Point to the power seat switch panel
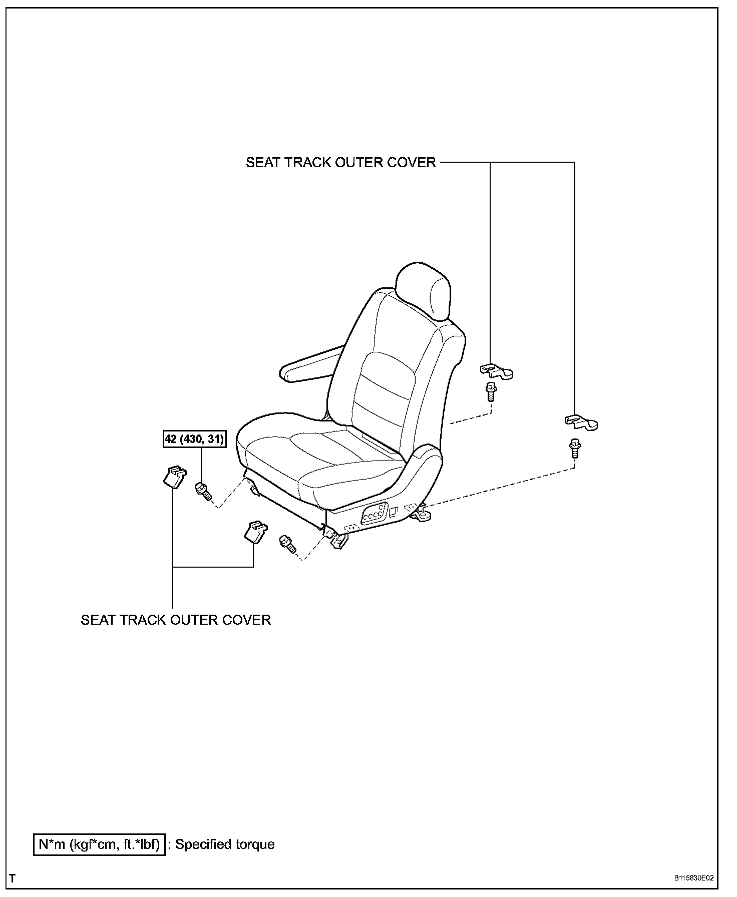tap(373, 514)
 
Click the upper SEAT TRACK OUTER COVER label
tap(340, 163)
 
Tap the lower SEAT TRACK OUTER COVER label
tap(176, 620)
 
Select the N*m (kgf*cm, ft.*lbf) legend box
tap(99, 844)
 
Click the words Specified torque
tap(225, 844)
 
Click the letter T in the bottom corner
tap(13, 878)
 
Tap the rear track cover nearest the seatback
tap(496, 371)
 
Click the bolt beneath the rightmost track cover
tap(574, 447)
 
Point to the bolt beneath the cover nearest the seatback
tap(490, 391)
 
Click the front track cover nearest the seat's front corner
tap(255, 532)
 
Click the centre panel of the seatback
tap(386, 385)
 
